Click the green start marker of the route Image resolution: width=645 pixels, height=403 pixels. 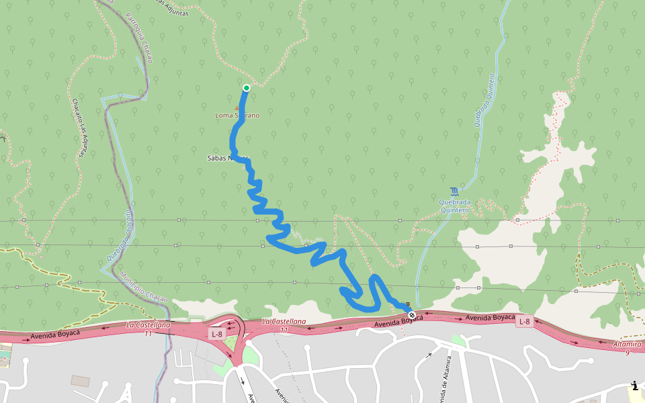point(247,88)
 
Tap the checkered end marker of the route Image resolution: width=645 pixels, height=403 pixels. point(412,315)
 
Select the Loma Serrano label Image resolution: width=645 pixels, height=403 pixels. point(236,116)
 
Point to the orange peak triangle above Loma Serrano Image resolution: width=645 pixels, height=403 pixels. point(236,107)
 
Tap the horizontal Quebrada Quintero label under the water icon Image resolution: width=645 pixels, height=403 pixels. point(454,205)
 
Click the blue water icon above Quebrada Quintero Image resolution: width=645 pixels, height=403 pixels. point(455,191)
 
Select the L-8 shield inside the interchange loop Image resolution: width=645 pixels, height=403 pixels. point(216,334)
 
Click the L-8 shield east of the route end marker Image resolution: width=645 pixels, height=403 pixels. point(525,322)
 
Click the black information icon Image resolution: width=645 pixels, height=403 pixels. point(634,386)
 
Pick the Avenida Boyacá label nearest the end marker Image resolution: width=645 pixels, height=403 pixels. point(400,322)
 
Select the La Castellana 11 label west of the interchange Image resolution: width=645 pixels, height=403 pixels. point(148,329)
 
